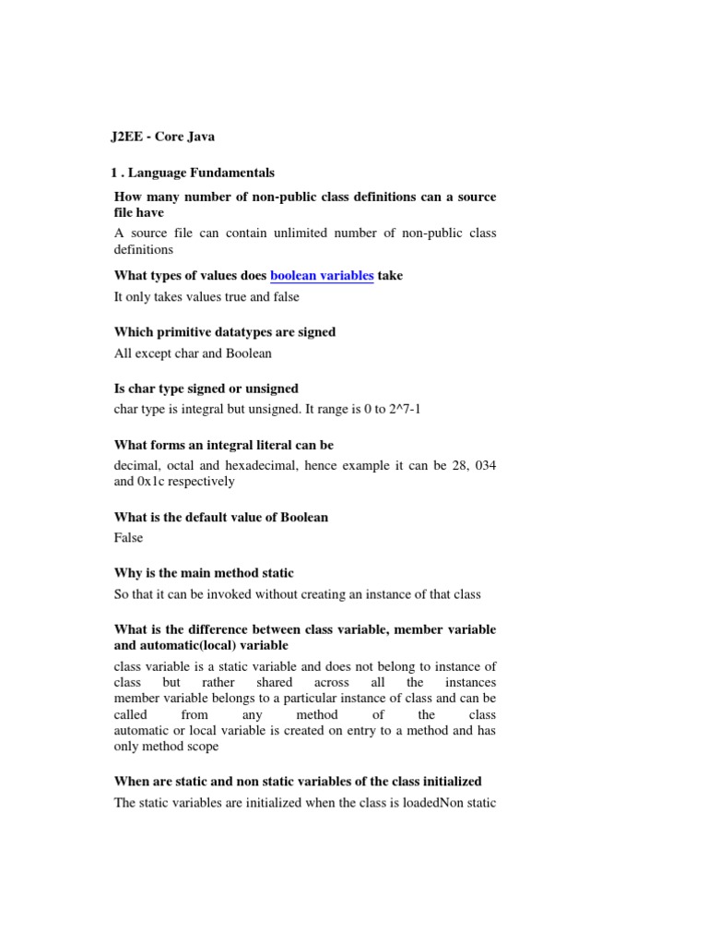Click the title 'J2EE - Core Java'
(x=164, y=137)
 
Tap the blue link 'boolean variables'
(x=322, y=276)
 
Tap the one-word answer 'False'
(x=129, y=537)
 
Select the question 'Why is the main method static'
(x=204, y=573)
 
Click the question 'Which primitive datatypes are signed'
(x=224, y=332)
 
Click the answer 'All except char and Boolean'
(x=193, y=353)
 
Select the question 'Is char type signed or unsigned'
(x=206, y=389)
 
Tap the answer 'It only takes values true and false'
(x=206, y=296)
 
